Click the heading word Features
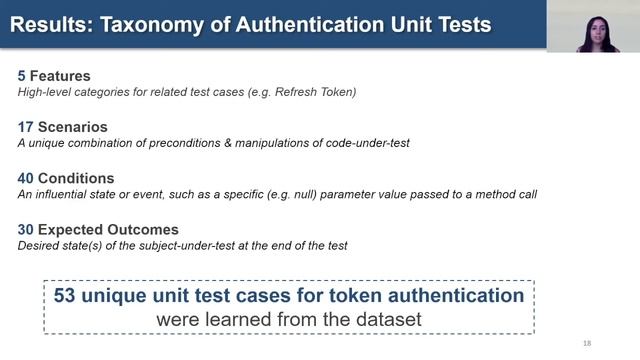point(62,76)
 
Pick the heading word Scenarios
point(74,127)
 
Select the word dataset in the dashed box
point(388,319)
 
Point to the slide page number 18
point(587,343)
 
